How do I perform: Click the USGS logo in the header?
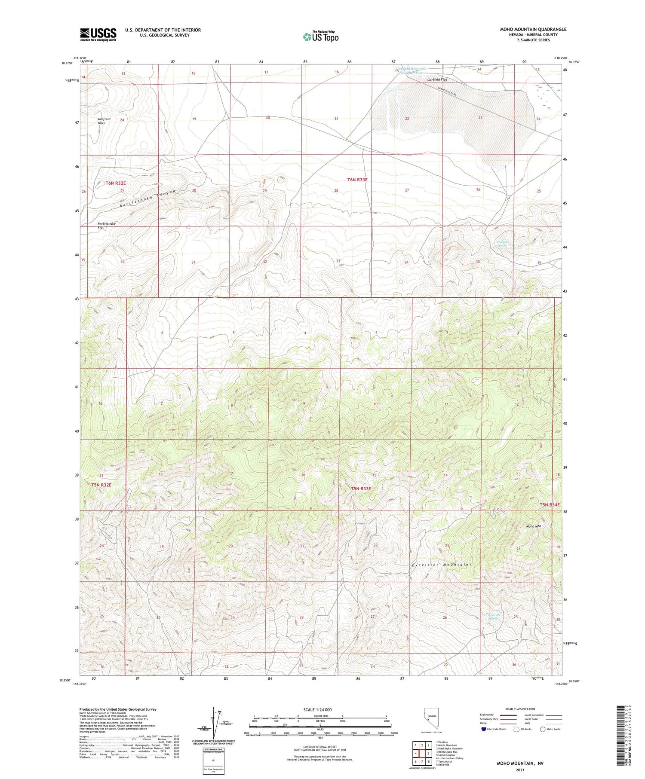pos(98,34)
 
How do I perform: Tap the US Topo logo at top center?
pos(320,37)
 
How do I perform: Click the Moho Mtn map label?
pos(533,526)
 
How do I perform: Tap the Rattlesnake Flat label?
pos(106,226)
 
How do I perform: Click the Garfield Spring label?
pos(503,244)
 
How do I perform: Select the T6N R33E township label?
pos(357,180)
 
